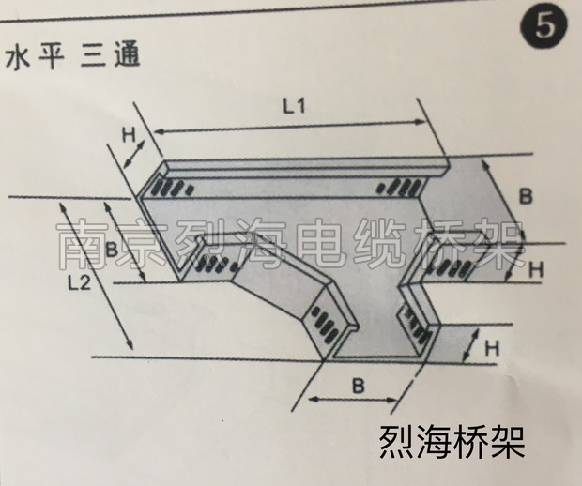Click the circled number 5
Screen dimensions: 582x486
tap(544, 28)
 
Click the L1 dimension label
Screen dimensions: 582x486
tap(295, 107)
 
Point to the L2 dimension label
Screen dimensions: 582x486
tap(80, 283)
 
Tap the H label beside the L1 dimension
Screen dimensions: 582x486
tap(129, 136)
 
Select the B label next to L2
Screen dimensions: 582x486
tap(111, 250)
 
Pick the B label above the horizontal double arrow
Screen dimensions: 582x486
tap(358, 386)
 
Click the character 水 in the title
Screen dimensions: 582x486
tap(16, 58)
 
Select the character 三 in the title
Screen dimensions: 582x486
tap(93, 57)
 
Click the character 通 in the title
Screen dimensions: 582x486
tap(128, 56)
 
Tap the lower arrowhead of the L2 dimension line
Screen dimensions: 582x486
tap(130, 347)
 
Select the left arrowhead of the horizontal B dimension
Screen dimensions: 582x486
tap(311, 400)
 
